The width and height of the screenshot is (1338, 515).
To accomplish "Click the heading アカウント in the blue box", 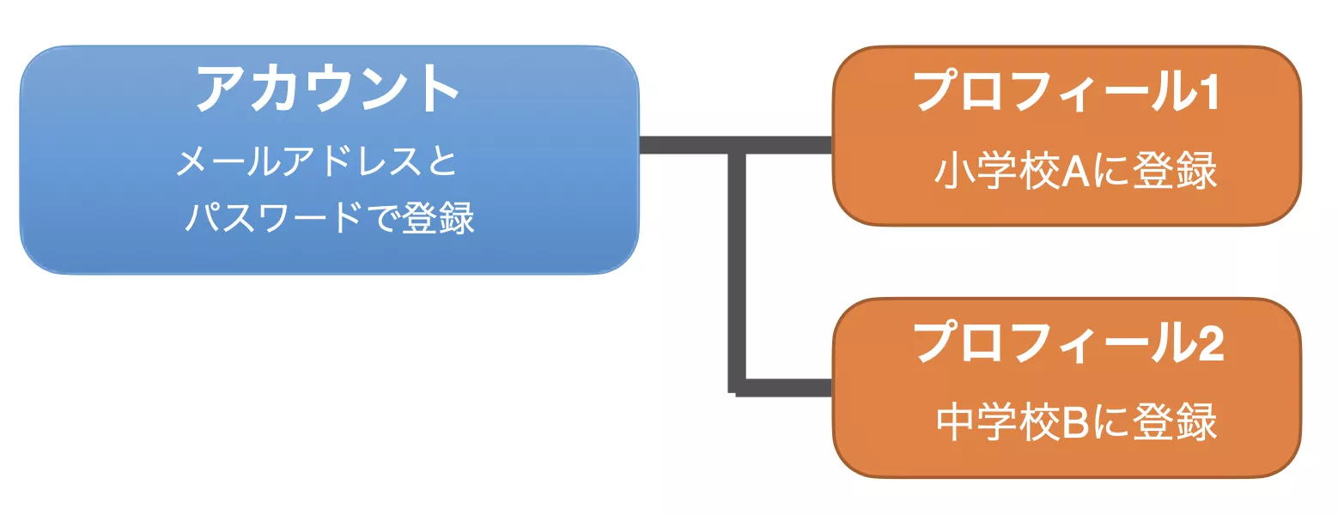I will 326,89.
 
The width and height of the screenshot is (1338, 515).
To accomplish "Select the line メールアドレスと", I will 315,161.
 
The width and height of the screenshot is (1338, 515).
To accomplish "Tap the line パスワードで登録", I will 330,218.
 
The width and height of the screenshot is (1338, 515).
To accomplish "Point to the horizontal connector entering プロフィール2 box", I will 786,387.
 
